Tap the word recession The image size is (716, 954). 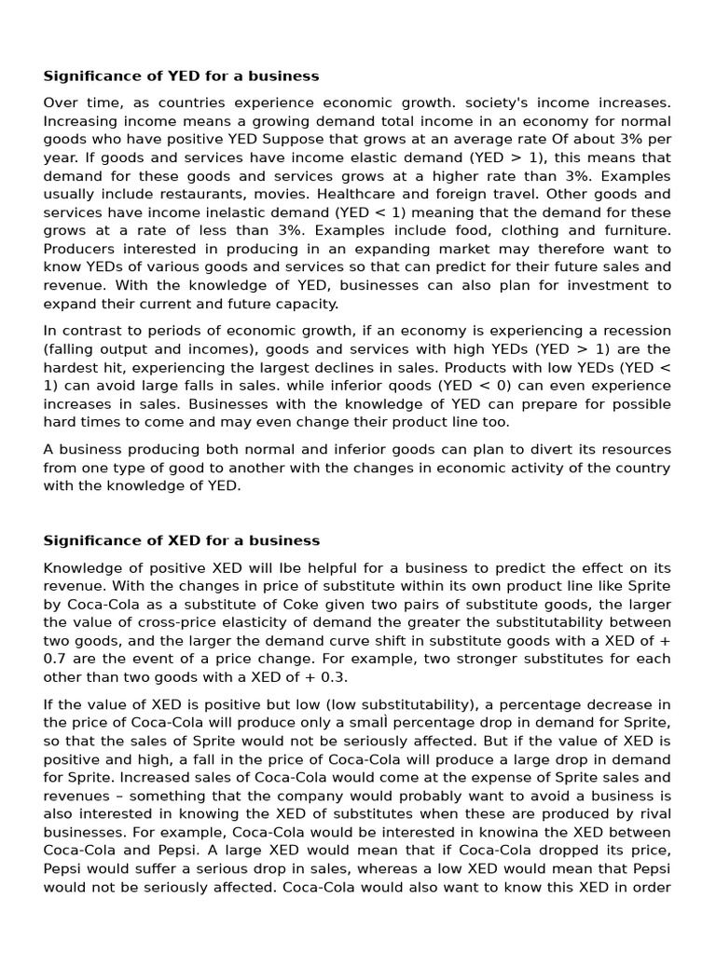(x=635, y=331)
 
